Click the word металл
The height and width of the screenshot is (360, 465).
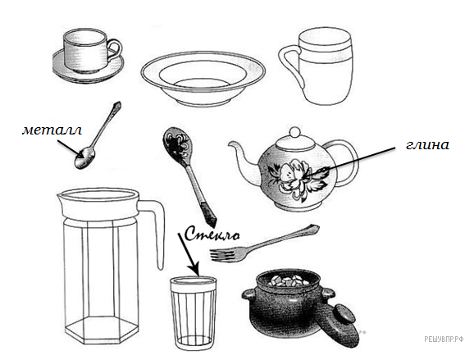pyautogui.click(x=52, y=130)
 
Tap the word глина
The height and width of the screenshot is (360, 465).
pyautogui.click(x=427, y=145)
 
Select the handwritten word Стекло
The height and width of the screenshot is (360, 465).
pyautogui.click(x=212, y=234)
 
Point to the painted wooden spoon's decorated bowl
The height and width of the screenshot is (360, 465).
pyautogui.click(x=178, y=145)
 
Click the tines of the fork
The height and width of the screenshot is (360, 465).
pyautogui.click(x=221, y=255)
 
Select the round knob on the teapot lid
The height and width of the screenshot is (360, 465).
pyautogui.click(x=295, y=132)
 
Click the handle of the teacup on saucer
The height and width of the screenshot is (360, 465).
pyautogui.click(x=115, y=50)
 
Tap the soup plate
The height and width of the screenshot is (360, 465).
pyautogui.click(x=203, y=79)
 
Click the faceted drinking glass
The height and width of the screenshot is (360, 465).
pyautogui.click(x=193, y=313)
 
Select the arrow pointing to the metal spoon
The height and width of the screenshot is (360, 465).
pyautogui.click(x=70, y=148)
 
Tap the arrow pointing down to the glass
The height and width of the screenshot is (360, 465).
pyautogui.click(x=189, y=254)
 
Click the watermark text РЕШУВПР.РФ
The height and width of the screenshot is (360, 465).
pyautogui.click(x=444, y=339)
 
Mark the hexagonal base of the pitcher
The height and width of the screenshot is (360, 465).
pyautogui.click(x=102, y=330)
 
